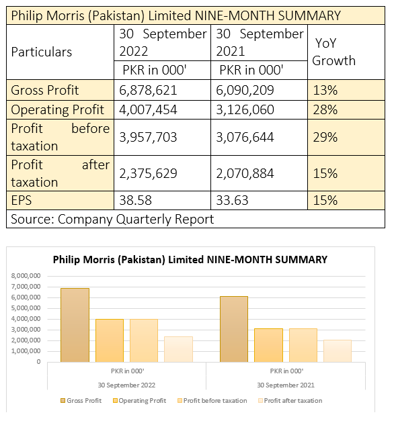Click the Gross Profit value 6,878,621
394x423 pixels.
[148, 91]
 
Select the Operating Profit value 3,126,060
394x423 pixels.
[245, 110]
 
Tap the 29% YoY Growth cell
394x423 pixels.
[325, 138]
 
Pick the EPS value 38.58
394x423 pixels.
[135, 201]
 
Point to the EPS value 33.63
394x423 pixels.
[232, 201]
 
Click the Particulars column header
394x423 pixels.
[42, 52]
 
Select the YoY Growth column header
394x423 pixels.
[333, 52]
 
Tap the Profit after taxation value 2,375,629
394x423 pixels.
[148, 173]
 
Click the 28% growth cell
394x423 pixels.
[325, 110]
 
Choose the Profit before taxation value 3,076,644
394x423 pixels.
[245, 138]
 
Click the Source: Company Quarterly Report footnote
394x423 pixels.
[112, 219]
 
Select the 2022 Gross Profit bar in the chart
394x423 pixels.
[75, 325]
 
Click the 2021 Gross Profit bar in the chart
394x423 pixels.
[234, 329]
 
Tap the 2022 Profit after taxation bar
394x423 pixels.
[178, 349]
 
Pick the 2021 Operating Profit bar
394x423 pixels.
[268, 345]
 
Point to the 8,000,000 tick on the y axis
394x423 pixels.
[26, 276]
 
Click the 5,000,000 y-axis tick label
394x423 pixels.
[26, 308]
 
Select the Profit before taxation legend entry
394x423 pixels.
[212, 401]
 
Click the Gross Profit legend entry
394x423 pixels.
[81, 401]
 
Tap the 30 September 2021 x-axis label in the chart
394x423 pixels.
[286, 385]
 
